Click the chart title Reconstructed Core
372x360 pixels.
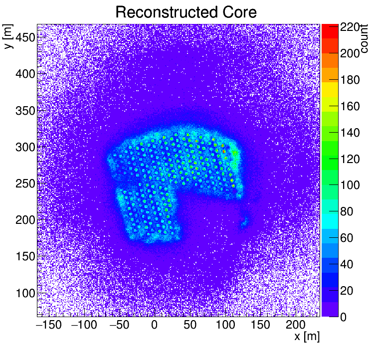pyautogui.click(x=186, y=12)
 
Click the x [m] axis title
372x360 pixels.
pyautogui.click(x=307, y=337)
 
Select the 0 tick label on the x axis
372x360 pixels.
pyautogui.click(x=154, y=325)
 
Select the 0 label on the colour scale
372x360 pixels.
pyautogui.click(x=344, y=317)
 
